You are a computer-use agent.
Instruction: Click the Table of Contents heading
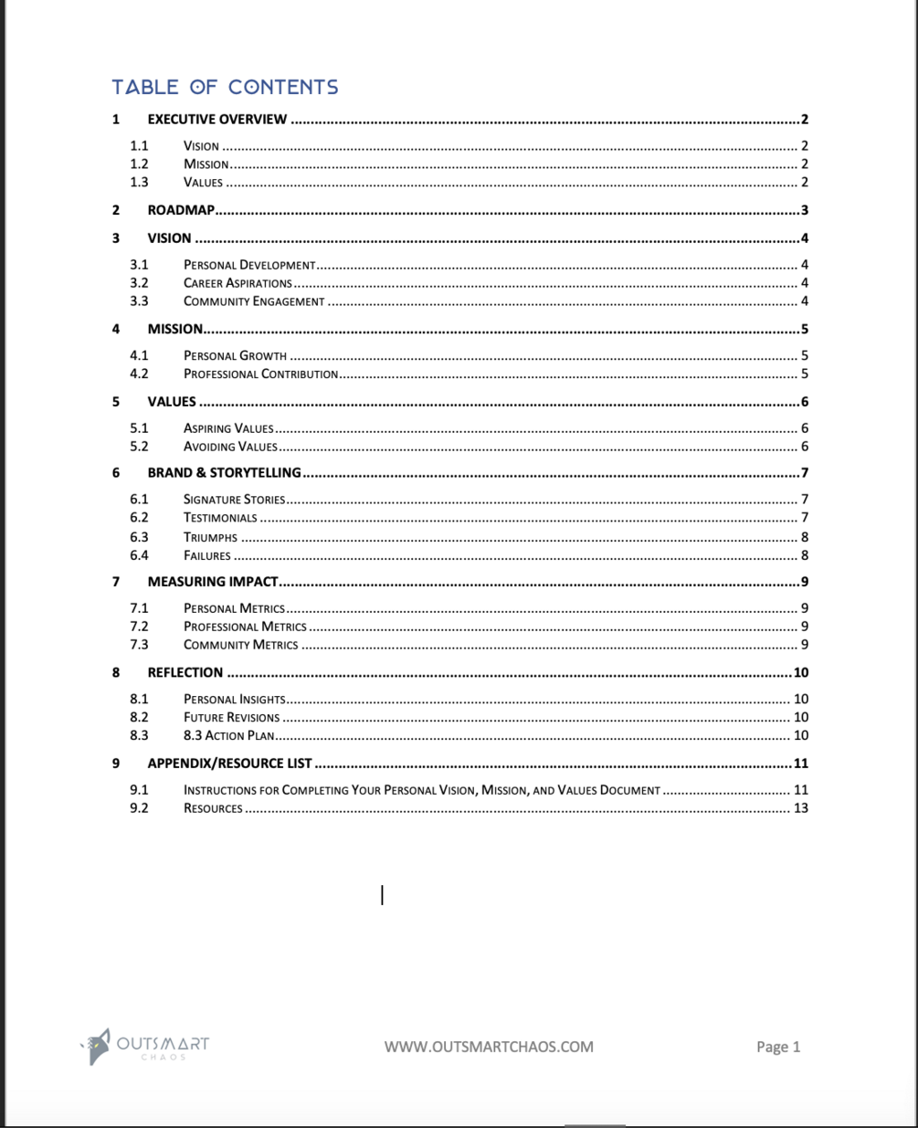pyautogui.click(x=225, y=87)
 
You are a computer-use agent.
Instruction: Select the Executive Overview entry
pyautogui.click(x=217, y=120)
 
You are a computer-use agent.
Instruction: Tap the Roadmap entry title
pyautogui.click(x=181, y=210)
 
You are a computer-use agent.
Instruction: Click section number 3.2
pyautogui.click(x=139, y=283)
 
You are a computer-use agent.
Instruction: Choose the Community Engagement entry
pyautogui.click(x=254, y=301)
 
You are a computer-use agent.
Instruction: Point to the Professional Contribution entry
pyautogui.click(x=260, y=374)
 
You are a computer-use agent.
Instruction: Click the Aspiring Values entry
pyautogui.click(x=228, y=428)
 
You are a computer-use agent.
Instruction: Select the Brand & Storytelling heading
pyautogui.click(x=224, y=473)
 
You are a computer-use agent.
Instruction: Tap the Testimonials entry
pyautogui.click(x=220, y=518)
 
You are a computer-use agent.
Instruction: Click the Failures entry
pyautogui.click(x=207, y=555)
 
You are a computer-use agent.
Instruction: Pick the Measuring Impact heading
pyautogui.click(x=213, y=582)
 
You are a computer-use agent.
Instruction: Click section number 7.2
pyautogui.click(x=139, y=627)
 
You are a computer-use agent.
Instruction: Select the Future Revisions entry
pyautogui.click(x=231, y=718)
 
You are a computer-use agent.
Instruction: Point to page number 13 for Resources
pyautogui.click(x=801, y=808)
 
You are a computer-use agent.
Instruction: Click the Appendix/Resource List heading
pyautogui.click(x=229, y=764)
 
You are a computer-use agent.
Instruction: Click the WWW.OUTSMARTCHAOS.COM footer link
pyautogui.click(x=489, y=1047)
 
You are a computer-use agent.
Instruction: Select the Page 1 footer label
pyautogui.click(x=778, y=1047)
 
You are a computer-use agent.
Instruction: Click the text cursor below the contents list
pyautogui.click(x=382, y=895)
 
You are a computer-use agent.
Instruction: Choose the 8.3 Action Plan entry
pyautogui.click(x=228, y=736)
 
